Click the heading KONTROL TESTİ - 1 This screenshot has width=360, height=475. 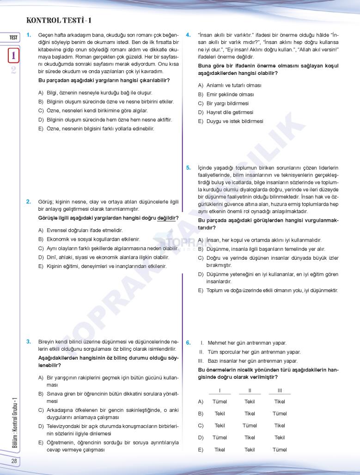click(62, 20)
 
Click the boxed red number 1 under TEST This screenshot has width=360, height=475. click(14, 55)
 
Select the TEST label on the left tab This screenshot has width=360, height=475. click(13, 37)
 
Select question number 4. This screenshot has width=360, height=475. click(188, 35)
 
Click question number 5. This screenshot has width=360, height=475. click(188, 168)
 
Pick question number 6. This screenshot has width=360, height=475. click(188, 343)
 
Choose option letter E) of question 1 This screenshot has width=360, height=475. click(41, 129)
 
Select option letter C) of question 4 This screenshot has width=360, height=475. click(201, 104)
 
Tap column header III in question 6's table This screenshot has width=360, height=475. click(280, 390)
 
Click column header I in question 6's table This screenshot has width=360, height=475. click(220, 390)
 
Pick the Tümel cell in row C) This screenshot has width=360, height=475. click(250, 426)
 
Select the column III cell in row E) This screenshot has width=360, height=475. click(280, 450)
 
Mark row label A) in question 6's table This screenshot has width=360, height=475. click(201, 402)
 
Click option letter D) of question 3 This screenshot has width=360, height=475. click(41, 425)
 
